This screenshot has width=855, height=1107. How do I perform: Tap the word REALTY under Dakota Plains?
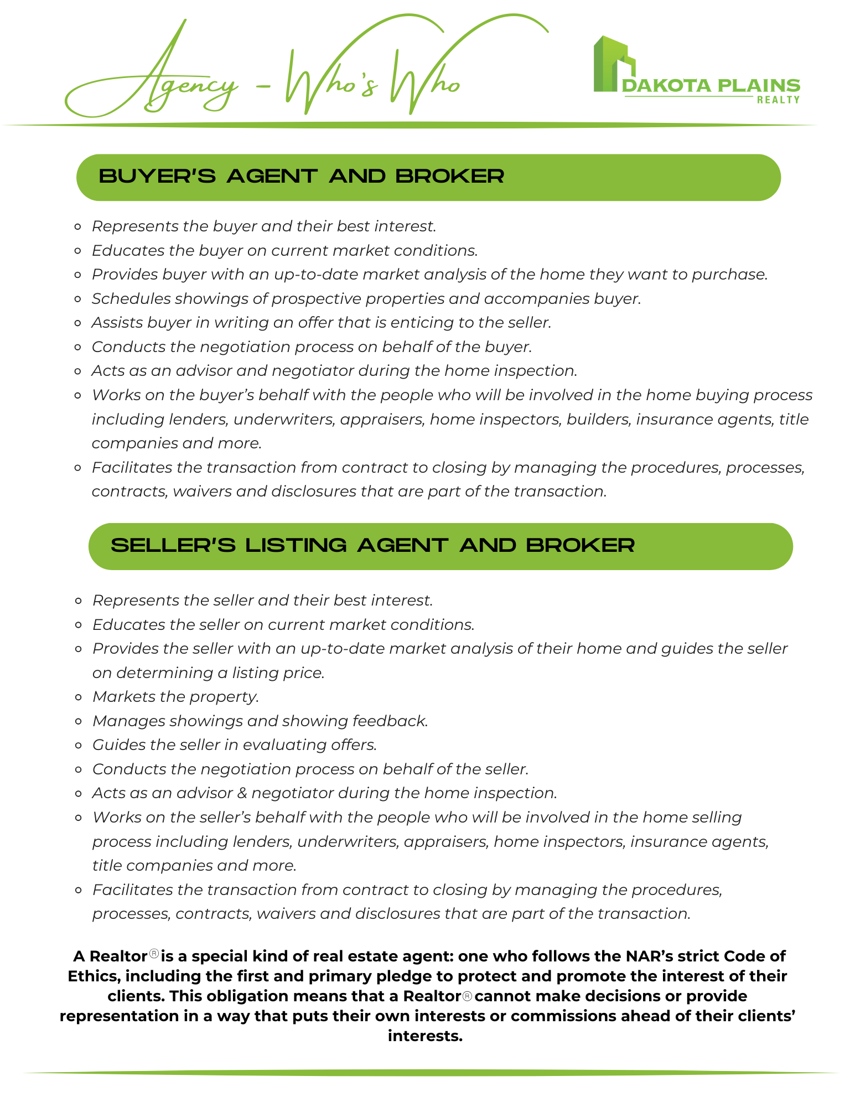point(778,100)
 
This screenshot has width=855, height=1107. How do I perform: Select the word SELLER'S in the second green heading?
point(173,546)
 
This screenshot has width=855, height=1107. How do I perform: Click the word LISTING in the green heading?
point(296,546)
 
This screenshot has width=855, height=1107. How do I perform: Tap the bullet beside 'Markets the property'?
point(79,698)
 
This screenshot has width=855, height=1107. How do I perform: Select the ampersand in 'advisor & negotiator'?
point(242,794)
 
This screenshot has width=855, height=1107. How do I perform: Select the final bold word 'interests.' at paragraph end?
point(425,1036)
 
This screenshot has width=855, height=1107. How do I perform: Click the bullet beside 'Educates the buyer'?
point(78,251)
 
